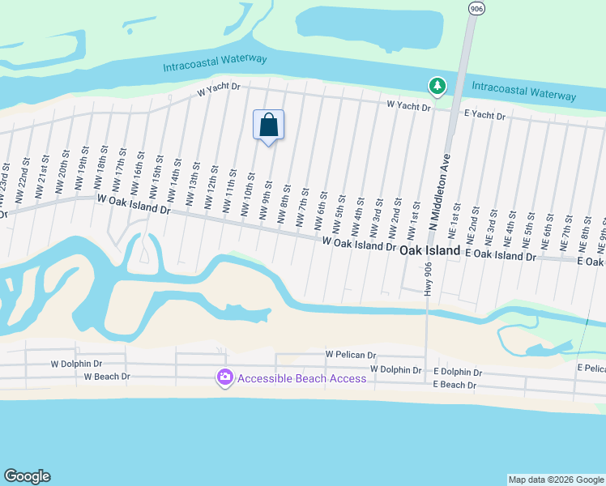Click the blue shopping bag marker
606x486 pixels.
tap(269, 126)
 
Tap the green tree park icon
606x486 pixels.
tap(437, 85)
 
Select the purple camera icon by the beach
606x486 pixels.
tap(224, 377)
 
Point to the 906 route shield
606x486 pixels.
tap(476, 7)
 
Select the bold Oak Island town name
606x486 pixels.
tap(429, 251)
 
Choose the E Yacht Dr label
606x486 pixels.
tap(484, 117)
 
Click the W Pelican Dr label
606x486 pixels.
tap(351, 355)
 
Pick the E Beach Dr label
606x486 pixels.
tap(454, 385)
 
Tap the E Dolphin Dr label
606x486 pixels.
tap(458, 372)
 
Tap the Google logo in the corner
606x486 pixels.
tap(28, 476)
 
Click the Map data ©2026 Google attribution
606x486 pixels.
tap(556, 480)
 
